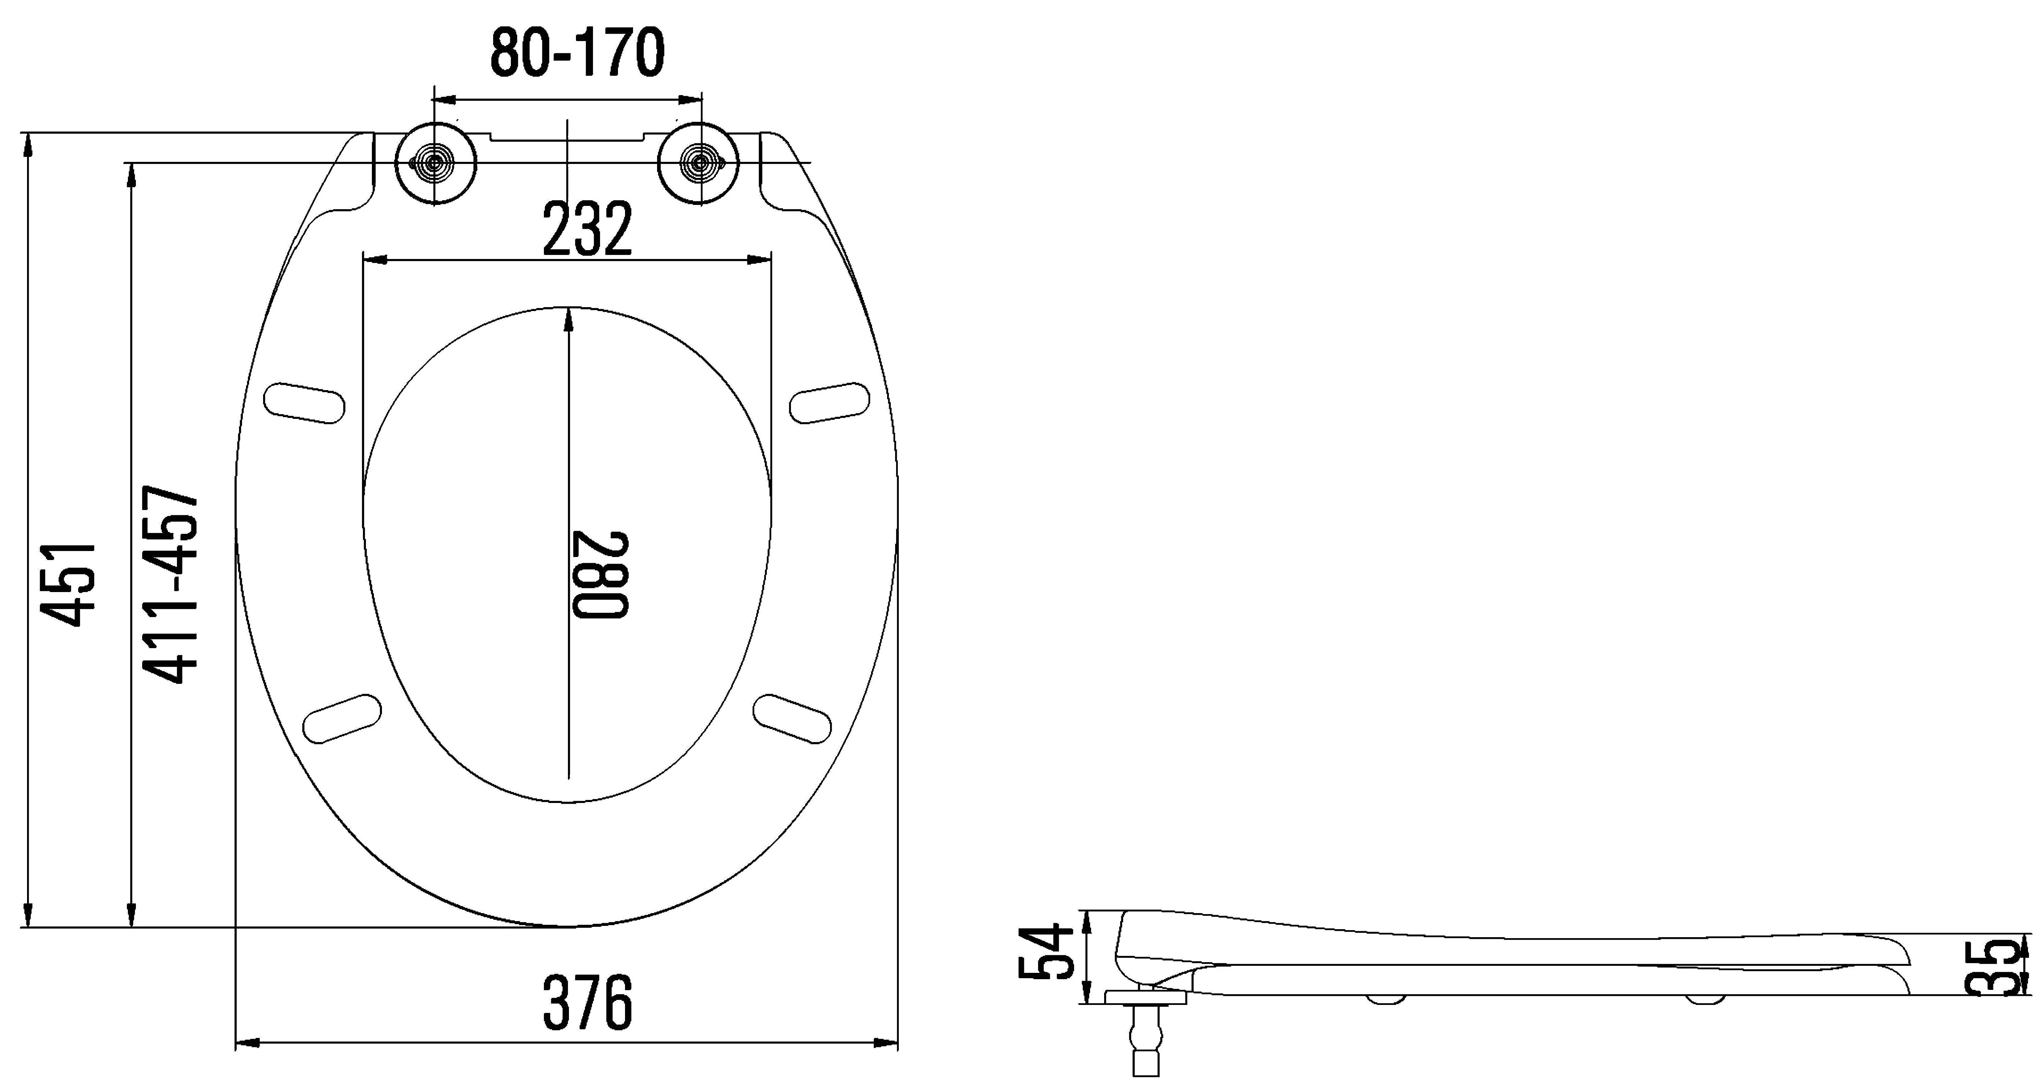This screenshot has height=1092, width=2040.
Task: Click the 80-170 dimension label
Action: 577,53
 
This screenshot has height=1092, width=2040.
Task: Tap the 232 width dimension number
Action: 588,229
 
